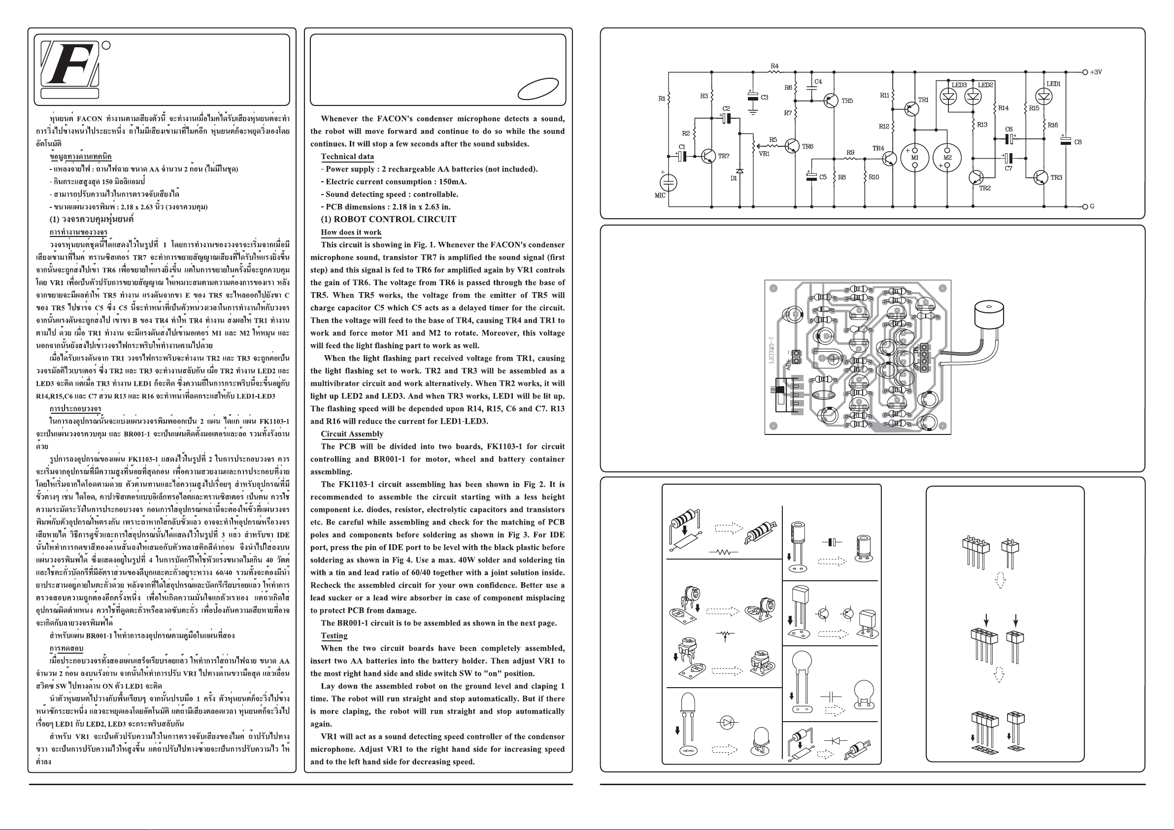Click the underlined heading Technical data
coord(347,157)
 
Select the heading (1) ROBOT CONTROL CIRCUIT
coord(388,219)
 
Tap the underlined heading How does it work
coord(351,232)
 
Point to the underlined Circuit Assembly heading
coord(352,434)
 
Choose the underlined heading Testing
coord(334,635)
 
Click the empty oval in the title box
coord(538,89)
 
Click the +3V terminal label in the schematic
coord(1096,72)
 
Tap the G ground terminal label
coord(1092,206)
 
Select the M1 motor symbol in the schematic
coord(914,158)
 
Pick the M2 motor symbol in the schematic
coord(947,158)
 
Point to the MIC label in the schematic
coord(660,196)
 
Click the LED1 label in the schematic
coord(1053,84)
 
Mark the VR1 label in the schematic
coord(764,154)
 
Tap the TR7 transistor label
coord(724,156)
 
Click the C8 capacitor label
coord(1078,142)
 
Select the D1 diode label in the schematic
coord(734,178)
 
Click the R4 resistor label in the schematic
coord(774,66)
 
